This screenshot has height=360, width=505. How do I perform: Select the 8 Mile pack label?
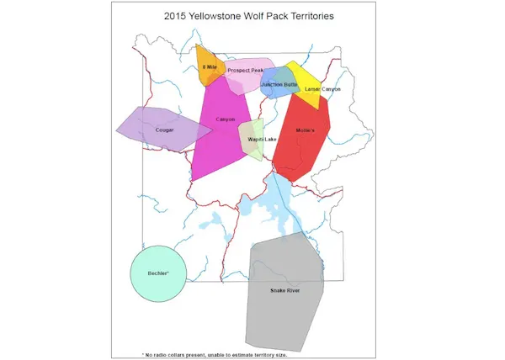pos(210,66)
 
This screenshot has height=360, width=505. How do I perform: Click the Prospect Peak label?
pos(245,71)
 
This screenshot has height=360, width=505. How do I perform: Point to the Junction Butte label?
pos(279,84)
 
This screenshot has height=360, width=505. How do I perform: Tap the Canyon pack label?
pos(225,119)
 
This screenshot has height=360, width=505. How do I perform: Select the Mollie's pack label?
pos(305,130)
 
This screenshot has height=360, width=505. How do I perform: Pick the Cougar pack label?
pos(164,130)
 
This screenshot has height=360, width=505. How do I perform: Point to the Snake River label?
pos(284,290)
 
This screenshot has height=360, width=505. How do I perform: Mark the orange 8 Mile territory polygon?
pos(205,76)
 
